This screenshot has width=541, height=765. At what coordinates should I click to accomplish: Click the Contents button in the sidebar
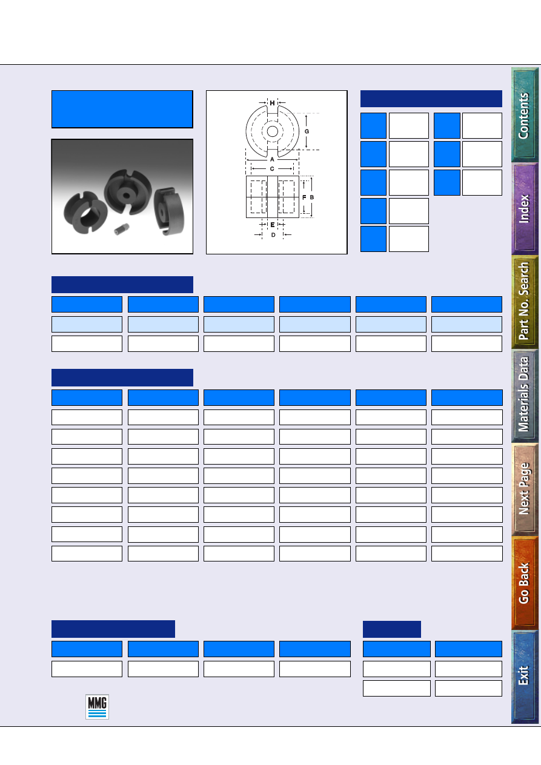(525, 114)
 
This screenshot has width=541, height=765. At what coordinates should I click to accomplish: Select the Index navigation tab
(525, 209)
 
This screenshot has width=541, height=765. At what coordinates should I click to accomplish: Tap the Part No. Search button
(525, 302)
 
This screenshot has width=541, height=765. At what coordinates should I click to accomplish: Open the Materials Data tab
(525, 396)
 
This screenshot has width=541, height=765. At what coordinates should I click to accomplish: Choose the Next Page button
(525, 489)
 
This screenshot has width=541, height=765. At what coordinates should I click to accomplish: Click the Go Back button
(525, 583)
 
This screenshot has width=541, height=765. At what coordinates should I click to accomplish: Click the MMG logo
(97, 707)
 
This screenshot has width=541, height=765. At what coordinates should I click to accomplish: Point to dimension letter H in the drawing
(272, 103)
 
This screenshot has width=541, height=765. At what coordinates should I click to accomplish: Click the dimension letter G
(307, 131)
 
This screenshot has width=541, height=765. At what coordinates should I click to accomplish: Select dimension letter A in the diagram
(272, 159)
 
